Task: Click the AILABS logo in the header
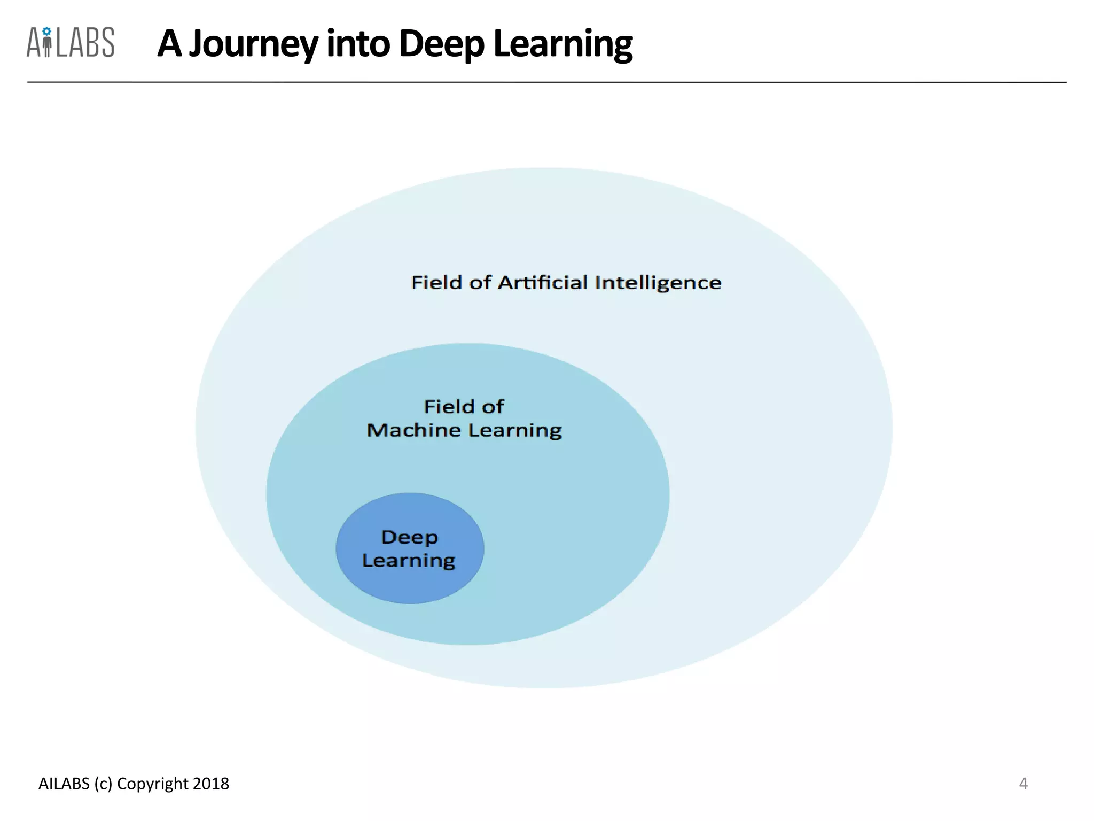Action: click(x=71, y=42)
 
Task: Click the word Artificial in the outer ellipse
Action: click(x=543, y=282)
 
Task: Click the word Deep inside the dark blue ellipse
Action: click(x=410, y=537)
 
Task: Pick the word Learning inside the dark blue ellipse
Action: click(x=409, y=561)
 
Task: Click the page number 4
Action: click(x=1023, y=784)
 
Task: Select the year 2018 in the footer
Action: click(x=211, y=784)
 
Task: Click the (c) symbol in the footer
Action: click(x=103, y=784)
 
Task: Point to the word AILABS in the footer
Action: click(x=64, y=784)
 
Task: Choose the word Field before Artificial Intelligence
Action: click(x=436, y=282)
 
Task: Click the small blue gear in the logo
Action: click(x=47, y=31)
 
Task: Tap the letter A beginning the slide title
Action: click(x=169, y=44)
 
